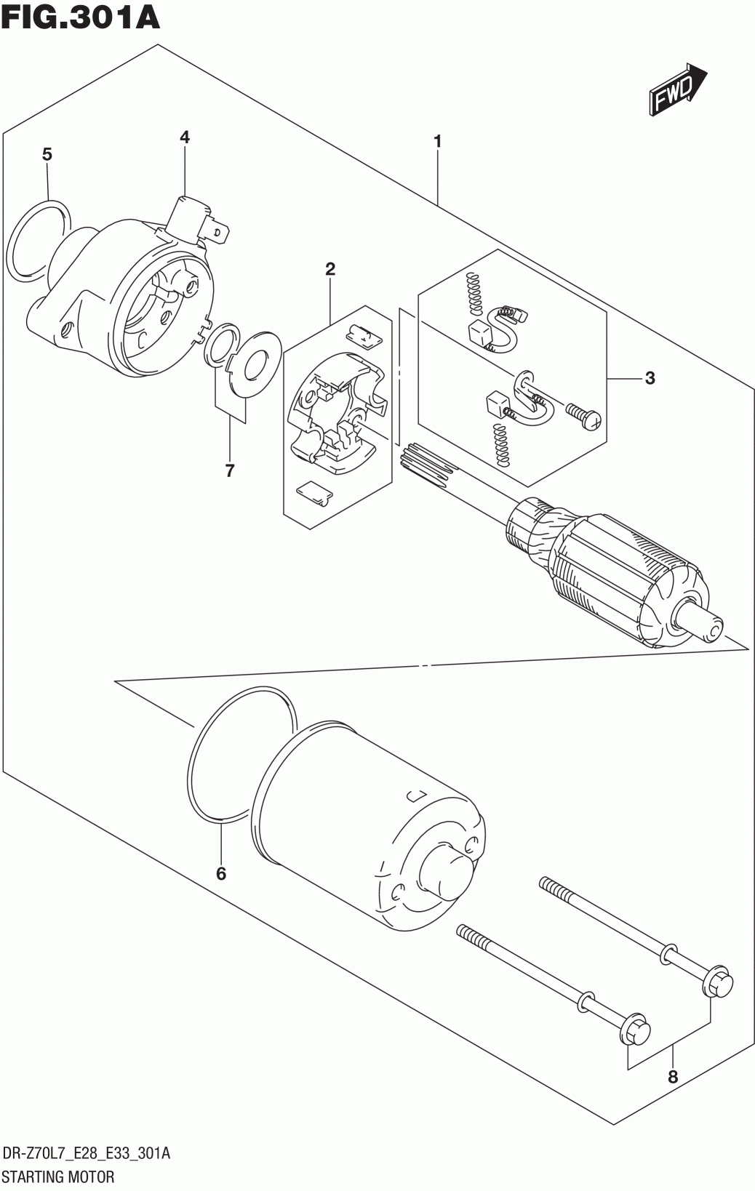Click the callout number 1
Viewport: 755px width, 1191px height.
pyautogui.click(x=437, y=141)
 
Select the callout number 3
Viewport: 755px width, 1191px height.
pyautogui.click(x=650, y=377)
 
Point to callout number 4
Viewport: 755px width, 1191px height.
pyautogui.click(x=184, y=137)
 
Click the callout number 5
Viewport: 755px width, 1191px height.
pyautogui.click(x=47, y=154)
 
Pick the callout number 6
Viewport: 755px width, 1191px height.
pyautogui.click(x=221, y=873)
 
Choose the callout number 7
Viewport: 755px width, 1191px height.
pyautogui.click(x=230, y=471)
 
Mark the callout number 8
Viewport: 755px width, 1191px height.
pyautogui.click(x=672, y=1077)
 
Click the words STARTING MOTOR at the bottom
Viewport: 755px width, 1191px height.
pyautogui.click(x=58, y=1176)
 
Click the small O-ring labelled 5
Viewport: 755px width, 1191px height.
pyautogui.click(x=40, y=239)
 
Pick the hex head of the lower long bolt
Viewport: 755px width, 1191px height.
pyautogui.click(x=634, y=1030)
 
